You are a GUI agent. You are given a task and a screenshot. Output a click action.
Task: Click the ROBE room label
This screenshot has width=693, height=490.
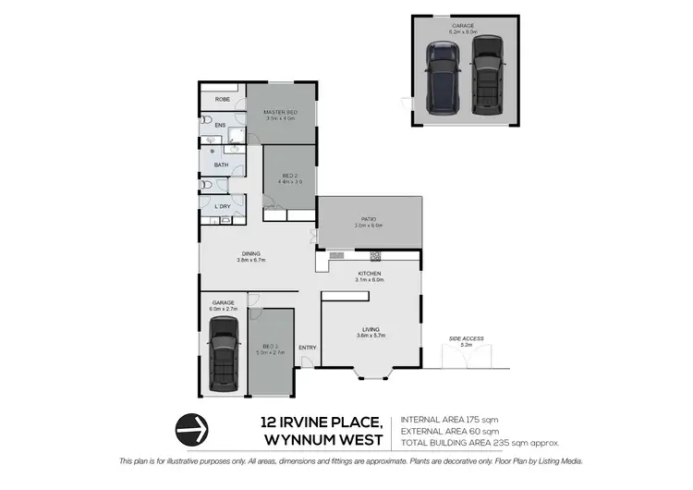(223, 99)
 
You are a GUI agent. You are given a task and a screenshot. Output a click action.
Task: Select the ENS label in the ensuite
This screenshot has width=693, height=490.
(221, 125)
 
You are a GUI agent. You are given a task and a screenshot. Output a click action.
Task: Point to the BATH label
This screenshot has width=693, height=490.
(222, 165)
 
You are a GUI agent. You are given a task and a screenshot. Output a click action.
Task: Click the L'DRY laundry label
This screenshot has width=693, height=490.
(223, 206)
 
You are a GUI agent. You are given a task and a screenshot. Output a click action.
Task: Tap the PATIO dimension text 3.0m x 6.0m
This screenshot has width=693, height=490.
(369, 226)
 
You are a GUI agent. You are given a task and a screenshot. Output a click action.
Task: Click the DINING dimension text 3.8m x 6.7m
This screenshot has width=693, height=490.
(251, 261)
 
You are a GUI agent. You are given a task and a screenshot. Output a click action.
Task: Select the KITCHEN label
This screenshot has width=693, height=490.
(370, 274)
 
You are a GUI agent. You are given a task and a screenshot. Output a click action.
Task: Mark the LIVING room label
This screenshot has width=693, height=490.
(370, 329)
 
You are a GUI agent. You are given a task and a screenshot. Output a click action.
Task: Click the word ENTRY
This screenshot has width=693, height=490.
(308, 348)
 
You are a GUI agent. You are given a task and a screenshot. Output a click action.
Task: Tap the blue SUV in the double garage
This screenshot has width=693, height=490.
(443, 80)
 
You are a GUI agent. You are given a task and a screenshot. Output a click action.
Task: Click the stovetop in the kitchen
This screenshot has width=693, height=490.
(376, 256)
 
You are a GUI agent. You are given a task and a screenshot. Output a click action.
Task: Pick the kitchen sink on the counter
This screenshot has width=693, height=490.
(336, 256)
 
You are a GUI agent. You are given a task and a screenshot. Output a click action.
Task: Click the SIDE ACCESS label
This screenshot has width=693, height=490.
(467, 338)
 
